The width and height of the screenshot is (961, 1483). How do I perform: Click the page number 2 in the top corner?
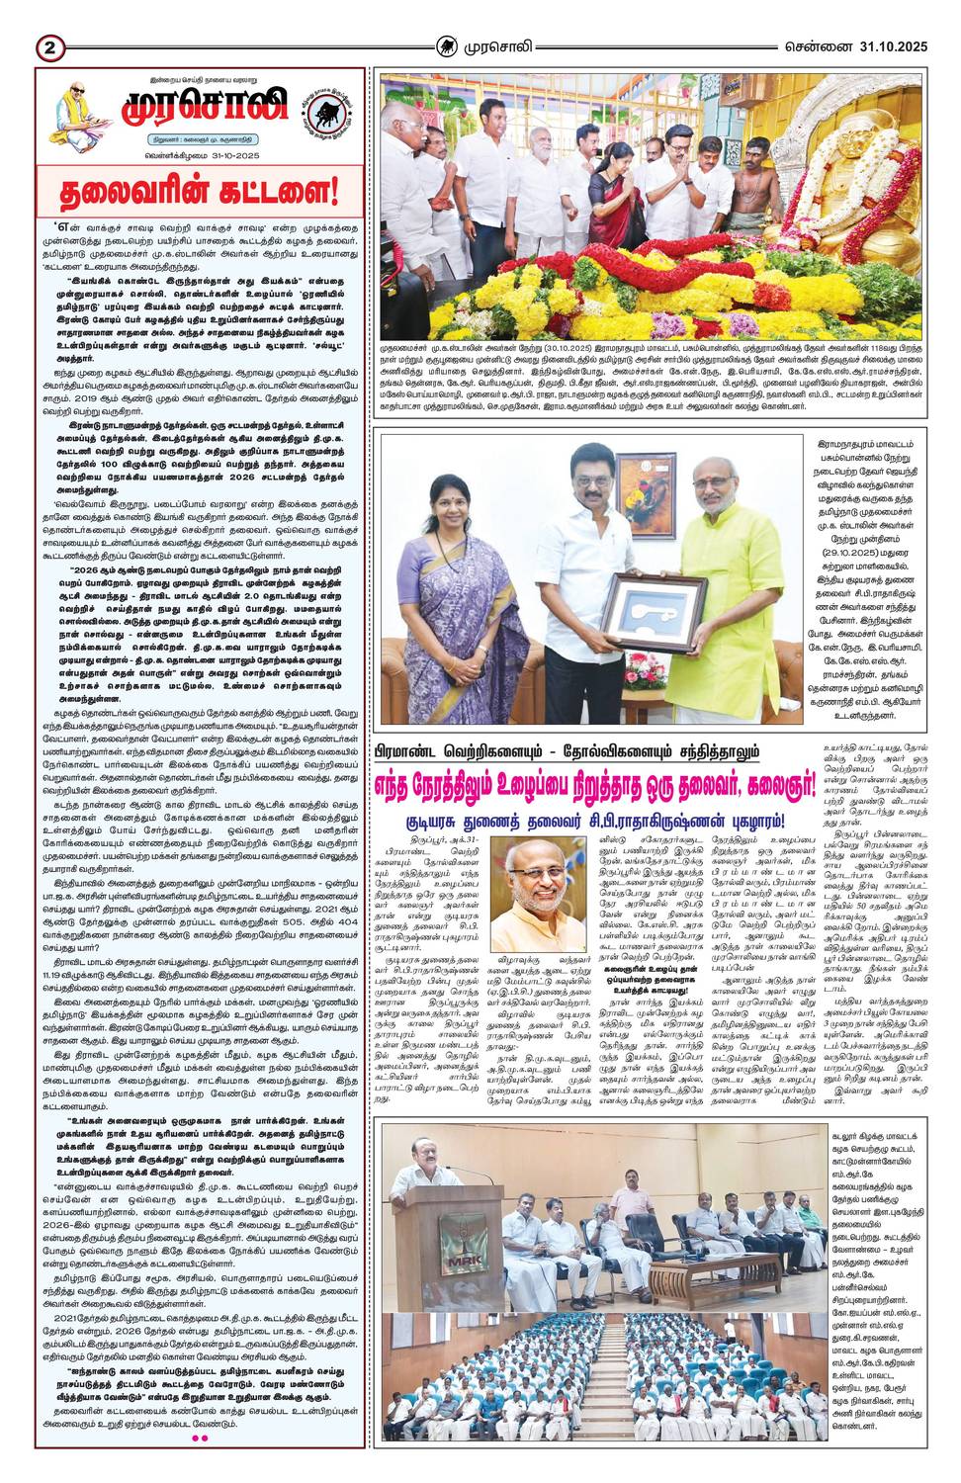pyautogui.click(x=50, y=47)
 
